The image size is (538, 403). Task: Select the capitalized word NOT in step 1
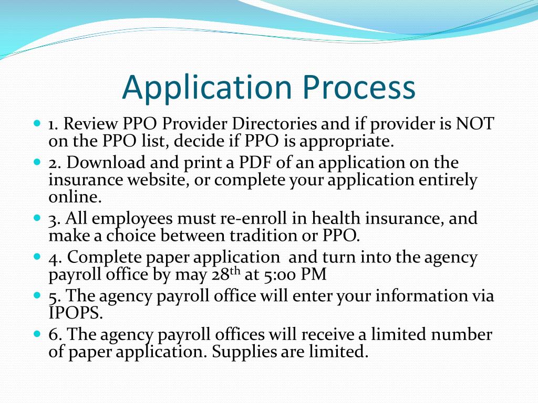(x=475, y=124)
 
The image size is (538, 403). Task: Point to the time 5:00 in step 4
(x=282, y=274)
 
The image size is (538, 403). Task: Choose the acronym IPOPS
(x=75, y=313)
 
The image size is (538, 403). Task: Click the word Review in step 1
(x=92, y=124)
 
